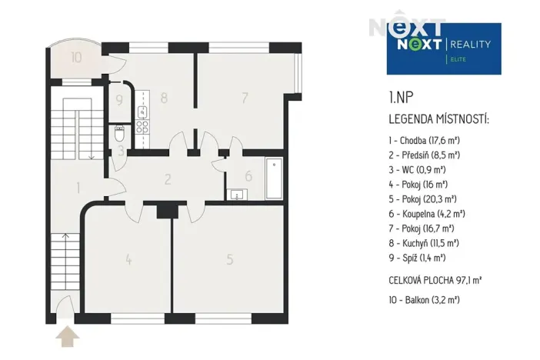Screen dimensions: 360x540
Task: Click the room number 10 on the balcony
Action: coord(76,57)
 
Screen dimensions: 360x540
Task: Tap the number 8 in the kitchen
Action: coord(164,98)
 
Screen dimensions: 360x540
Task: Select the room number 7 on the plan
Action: coord(244,98)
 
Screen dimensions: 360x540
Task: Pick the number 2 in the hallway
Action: coord(167,180)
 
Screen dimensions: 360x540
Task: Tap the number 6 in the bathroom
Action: coord(248,175)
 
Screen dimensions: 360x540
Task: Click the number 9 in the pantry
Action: coord(119,99)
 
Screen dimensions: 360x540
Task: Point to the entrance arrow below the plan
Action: coord(68,336)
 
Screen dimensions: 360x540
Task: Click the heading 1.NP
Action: coord(400,98)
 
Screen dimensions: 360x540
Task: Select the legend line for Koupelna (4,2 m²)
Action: coord(427,214)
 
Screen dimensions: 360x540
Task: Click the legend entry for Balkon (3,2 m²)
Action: coord(424,300)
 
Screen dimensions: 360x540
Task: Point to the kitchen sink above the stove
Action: coord(142,112)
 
